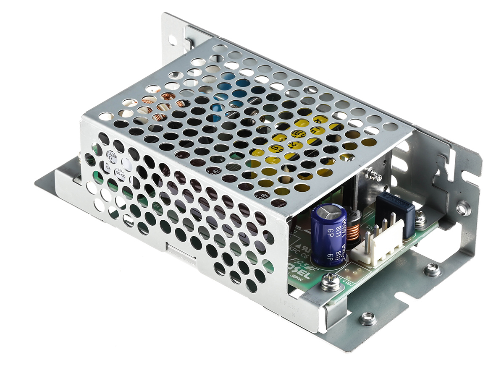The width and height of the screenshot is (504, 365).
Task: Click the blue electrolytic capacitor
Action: [x=329, y=235]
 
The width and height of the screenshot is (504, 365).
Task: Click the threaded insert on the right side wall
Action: [x=463, y=207]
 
